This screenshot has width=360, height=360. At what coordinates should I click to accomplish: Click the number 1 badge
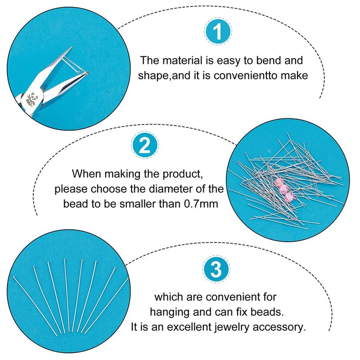[218, 31]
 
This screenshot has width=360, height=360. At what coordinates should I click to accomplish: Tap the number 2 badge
[145, 145]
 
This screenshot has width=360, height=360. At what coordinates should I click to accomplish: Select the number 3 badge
[216, 269]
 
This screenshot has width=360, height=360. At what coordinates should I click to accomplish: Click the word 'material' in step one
[182, 61]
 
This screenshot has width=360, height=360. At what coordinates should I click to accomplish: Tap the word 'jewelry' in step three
[232, 327]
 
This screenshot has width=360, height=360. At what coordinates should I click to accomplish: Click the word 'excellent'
[189, 327]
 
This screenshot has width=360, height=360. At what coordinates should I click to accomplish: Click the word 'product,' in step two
[183, 174]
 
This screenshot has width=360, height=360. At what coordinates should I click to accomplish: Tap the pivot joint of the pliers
[44, 87]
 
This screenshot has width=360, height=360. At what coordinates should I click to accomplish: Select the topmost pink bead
[279, 182]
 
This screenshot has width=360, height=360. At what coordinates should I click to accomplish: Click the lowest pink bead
[289, 197]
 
